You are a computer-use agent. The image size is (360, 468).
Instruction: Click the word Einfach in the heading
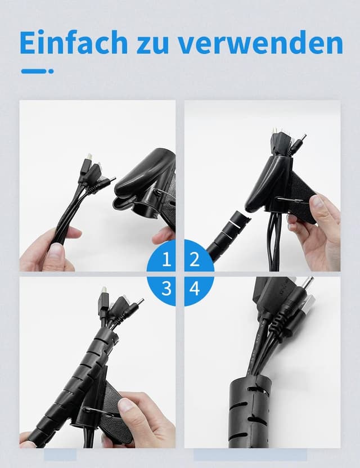pos(74,42)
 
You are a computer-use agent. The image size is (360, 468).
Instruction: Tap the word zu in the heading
pos(153,46)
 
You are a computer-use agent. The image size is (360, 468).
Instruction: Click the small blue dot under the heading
pos(51,71)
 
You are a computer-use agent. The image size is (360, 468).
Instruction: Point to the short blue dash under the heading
pos(33,71)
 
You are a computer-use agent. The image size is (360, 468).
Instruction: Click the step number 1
pos(167,259)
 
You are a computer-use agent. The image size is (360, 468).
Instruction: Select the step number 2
pos(194,259)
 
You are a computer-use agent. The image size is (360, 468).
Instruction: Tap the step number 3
pos(166,289)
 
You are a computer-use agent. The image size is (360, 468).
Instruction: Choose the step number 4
pos(195,289)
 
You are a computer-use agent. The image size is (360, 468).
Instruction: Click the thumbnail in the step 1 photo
pos(57,252)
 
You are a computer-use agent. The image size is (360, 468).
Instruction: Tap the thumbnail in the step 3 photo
pos(127,405)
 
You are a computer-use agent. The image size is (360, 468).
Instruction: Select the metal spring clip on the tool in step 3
pos(95,411)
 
